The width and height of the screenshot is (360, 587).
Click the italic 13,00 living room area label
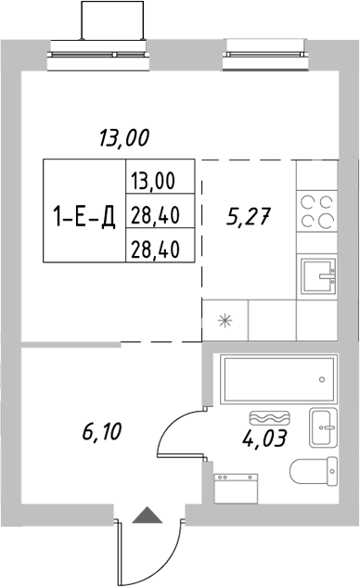coord(123,139)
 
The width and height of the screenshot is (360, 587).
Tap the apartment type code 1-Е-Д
coord(84,219)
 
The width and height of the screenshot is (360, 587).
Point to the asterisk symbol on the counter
coord(224,322)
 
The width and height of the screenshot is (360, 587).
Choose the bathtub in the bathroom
coord(276,379)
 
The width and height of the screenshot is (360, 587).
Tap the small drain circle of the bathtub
coord(320,379)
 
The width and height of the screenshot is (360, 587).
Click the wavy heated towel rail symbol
coord(270,418)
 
